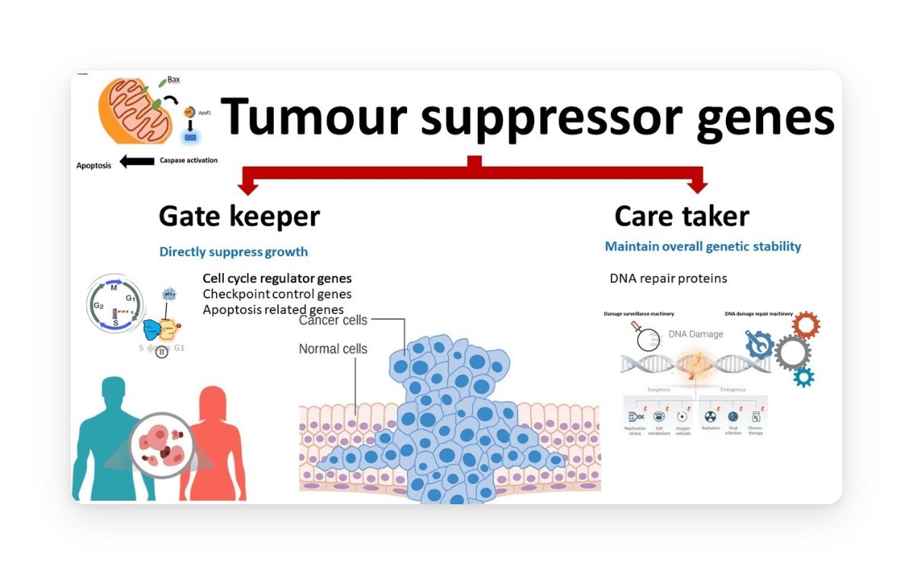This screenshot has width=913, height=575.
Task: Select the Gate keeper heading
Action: (239, 216)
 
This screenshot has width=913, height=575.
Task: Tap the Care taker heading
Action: (682, 216)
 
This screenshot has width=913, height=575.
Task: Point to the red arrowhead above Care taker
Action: (697, 185)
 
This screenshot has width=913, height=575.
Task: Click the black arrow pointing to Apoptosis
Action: (137, 161)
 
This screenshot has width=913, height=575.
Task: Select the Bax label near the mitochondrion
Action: (173, 79)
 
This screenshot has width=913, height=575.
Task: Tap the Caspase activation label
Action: (188, 160)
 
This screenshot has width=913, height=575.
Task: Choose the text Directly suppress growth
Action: (234, 252)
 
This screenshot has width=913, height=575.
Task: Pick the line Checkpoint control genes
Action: (277, 294)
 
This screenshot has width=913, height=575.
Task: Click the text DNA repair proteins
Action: (668, 278)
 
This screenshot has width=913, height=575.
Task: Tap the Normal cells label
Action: (332, 349)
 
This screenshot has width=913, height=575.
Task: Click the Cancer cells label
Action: (332, 320)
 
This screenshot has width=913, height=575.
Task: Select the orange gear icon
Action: (806, 325)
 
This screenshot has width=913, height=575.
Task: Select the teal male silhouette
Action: (113, 434)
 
